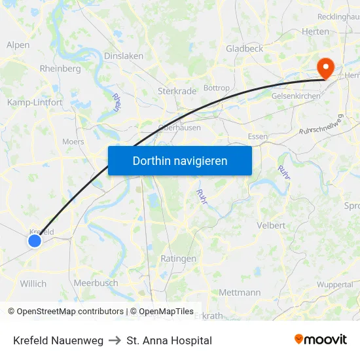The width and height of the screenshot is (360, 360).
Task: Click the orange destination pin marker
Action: click(x=325, y=67)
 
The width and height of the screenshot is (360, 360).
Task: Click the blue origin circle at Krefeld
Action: click(x=35, y=241)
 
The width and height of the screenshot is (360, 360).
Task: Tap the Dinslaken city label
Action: click(x=124, y=56)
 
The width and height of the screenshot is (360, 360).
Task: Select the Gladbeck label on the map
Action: click(x=244, y=48)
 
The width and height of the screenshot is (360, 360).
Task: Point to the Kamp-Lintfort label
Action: click(x=35, y=102)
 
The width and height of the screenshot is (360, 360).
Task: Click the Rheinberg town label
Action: click(x=60, y=68)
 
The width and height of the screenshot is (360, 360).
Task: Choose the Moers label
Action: click(x=73, y=141)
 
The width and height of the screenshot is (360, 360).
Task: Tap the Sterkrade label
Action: click(x=177, y=92)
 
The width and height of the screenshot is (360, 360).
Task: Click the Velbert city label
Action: click(x=270, y=225)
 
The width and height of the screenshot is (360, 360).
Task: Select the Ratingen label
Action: click(x=178, y=259)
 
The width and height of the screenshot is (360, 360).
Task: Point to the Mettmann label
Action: click(x=240, y=292)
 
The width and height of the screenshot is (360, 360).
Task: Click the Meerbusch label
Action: click(x=96, y=283)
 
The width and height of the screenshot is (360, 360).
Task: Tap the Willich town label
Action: click(x=33, y=283)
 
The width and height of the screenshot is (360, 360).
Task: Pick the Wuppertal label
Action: click(x=334, y=285)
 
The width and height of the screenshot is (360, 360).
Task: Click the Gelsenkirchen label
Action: click(x=296, y=96)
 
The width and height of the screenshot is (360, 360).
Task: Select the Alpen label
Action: click(x=18, y=45)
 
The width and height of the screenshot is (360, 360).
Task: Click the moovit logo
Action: click(x=320, y=339)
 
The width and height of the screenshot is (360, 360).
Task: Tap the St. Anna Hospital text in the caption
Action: click(x=170, y=340)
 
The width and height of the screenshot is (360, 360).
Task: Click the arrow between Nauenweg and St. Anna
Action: click(x=115, y=340)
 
